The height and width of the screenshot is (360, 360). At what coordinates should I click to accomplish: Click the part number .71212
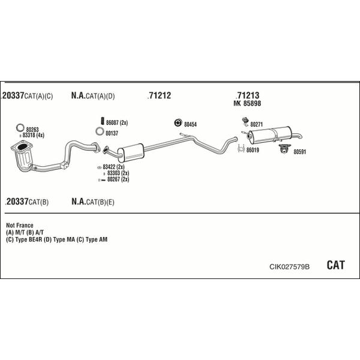(x=160, y=95)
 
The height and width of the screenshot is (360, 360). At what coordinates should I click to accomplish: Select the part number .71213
(x=247, y=95)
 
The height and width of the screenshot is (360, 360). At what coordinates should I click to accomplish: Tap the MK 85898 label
(x=247, y=103)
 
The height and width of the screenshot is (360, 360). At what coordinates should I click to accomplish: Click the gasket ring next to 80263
(x=20, y=128)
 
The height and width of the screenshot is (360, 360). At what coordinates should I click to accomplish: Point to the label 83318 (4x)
(x=33, y=135)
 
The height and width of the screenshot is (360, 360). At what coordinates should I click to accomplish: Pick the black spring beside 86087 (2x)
(x=103, y=121)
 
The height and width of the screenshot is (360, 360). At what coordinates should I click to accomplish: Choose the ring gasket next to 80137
(x=100, y=131)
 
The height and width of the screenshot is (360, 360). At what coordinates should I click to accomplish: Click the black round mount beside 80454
(x=178, y=123)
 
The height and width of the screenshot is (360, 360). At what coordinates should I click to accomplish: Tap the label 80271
(x=256, y=124)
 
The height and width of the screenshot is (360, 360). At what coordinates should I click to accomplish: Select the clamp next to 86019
(x=241, y=148)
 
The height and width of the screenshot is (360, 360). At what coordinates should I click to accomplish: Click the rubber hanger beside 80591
(x=284, y=149)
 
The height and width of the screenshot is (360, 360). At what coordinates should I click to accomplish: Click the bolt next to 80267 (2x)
(x=102, y=180)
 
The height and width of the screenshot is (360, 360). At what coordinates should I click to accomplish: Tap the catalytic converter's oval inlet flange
(x=22, y=147)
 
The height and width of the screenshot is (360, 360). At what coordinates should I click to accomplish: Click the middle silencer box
(x=131, y=152)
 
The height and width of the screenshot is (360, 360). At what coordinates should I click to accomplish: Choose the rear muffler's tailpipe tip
(x=300, y=137)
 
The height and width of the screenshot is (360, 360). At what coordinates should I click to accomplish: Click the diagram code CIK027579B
(x=289, y=266)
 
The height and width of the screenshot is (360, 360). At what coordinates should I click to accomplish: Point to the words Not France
(x=20, y=225)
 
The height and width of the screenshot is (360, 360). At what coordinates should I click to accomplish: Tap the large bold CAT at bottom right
(x=335, y=265)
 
